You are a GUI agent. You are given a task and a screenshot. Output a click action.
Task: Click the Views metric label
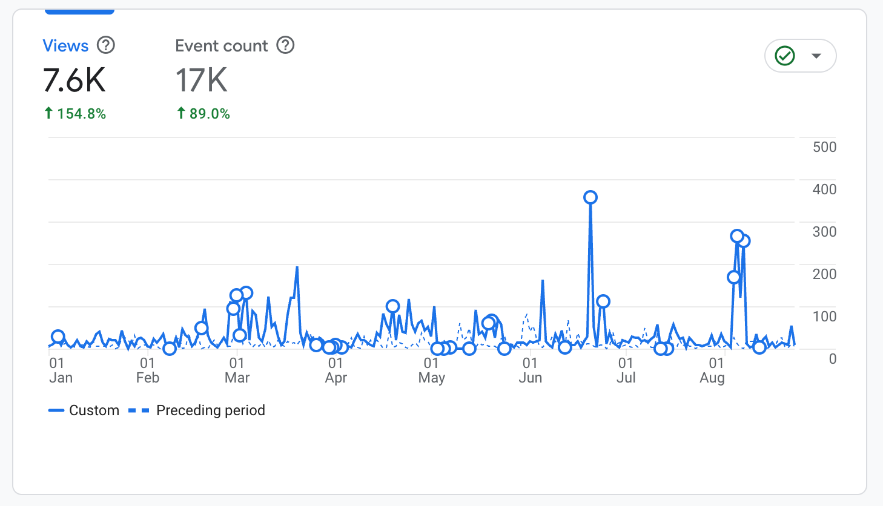(65, 46)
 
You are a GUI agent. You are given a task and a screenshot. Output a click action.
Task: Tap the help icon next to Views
(106, 45)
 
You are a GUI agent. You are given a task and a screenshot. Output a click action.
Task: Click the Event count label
(222, 46)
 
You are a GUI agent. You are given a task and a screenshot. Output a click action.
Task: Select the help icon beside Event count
(285, 45)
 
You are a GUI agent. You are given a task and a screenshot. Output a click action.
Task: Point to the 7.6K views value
(74, 80)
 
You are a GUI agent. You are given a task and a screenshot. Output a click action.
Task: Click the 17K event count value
(202, 80)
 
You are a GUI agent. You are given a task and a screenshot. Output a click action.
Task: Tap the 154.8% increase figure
(75, 114)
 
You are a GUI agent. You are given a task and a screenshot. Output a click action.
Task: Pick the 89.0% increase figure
(203, 114)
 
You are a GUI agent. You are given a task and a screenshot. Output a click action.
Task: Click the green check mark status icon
(784, 56)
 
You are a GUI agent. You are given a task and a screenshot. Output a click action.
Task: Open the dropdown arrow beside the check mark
(816, 56)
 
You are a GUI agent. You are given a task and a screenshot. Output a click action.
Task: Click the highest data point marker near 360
(590, 197)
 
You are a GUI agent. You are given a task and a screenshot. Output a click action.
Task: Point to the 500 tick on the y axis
(824, 147)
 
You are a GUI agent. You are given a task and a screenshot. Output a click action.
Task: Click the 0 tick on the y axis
(833, 358)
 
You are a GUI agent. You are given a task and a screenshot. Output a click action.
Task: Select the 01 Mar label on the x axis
(237, 370)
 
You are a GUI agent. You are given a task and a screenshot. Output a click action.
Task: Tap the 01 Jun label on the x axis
(530, 370)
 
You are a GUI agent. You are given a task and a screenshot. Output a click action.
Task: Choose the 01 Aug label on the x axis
(712, 370)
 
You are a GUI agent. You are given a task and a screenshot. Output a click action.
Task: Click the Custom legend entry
(84, 410)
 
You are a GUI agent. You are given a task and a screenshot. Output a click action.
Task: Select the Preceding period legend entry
(197, 410)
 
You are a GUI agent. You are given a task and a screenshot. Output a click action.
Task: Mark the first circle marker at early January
(58, 337)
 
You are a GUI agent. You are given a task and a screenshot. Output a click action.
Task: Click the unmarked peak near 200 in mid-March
(297, 267)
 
